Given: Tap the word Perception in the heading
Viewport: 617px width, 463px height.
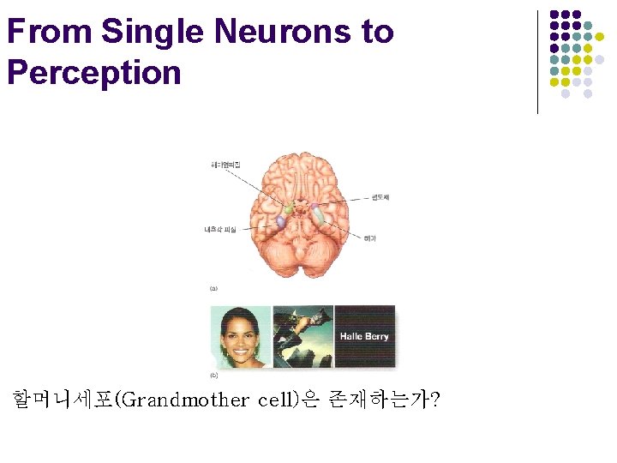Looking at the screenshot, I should click(93, 72).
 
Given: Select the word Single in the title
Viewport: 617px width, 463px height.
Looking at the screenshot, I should click(153, 32).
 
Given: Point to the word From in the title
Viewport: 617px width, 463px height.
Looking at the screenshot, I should click(50, 32).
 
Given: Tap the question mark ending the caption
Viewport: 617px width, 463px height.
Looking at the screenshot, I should click(437, 400).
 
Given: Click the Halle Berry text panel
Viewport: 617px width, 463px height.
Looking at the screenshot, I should click(364, 336).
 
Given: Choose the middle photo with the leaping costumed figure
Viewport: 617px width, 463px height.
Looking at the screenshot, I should click(303, 336).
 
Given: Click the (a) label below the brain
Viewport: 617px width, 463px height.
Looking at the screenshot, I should click(213, 288).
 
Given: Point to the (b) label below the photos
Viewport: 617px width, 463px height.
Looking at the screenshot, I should click(213, 376).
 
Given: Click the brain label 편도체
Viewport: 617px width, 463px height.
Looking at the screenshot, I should click(380, 198).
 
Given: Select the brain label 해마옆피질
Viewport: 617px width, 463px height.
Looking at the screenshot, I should click(226, 164).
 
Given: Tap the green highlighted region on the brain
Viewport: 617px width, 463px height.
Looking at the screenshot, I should click(290, 208).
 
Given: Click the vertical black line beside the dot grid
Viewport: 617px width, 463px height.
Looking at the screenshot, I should click(537, 62).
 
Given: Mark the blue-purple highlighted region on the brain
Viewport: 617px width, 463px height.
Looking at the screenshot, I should click(280, 222).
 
